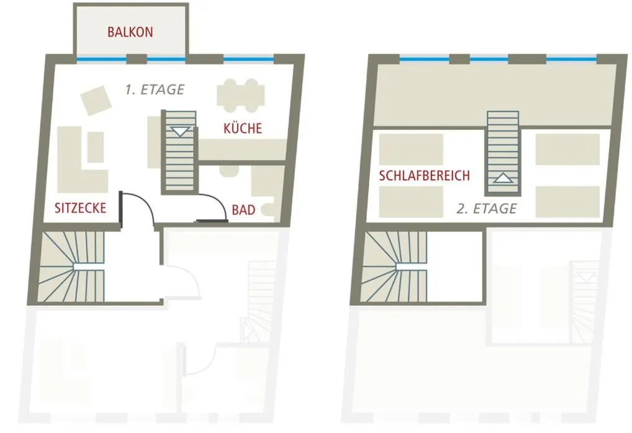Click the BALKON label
point(130,32)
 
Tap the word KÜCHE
point(243,128)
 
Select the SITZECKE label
point(80,207)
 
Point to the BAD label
point(243,209)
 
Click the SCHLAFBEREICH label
point(425,175)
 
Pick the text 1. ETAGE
point(155,89)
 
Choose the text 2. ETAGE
point(487,209)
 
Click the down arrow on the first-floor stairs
point(180,132)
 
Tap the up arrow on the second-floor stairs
point(503,178)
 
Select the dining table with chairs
point(241,96)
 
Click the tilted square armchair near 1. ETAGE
point(96,101)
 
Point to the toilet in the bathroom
point(268,209)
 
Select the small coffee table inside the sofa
point(96,147)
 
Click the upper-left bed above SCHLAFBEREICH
point(411,150)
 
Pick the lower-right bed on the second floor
point(567,201)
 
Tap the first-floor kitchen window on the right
point(248,59)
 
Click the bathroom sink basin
point(229,171)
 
